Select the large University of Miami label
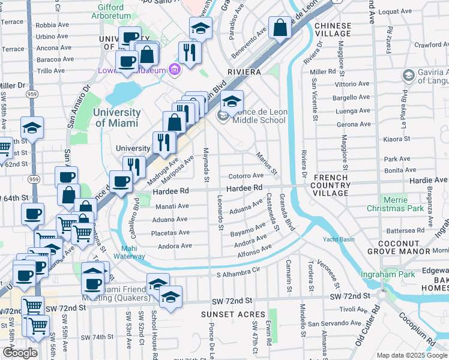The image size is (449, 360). pyautogui.click(x=117, y=118)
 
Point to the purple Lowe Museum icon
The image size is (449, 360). pyautogui.click(x=174, y=70)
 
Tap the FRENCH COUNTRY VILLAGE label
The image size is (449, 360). pyautogui.click(x=331, y=185)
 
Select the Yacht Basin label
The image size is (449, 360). pyautogui.click(x=338, y=239)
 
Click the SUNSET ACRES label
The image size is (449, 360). pyautogui.click(x=234, y=314)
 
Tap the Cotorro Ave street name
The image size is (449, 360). pyautogui.click(x=246, y=176)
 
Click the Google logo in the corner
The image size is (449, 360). pyautogui.click(x=20, y=353)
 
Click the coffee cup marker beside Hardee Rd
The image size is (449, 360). pyautogui.click(x=121, y=182)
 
